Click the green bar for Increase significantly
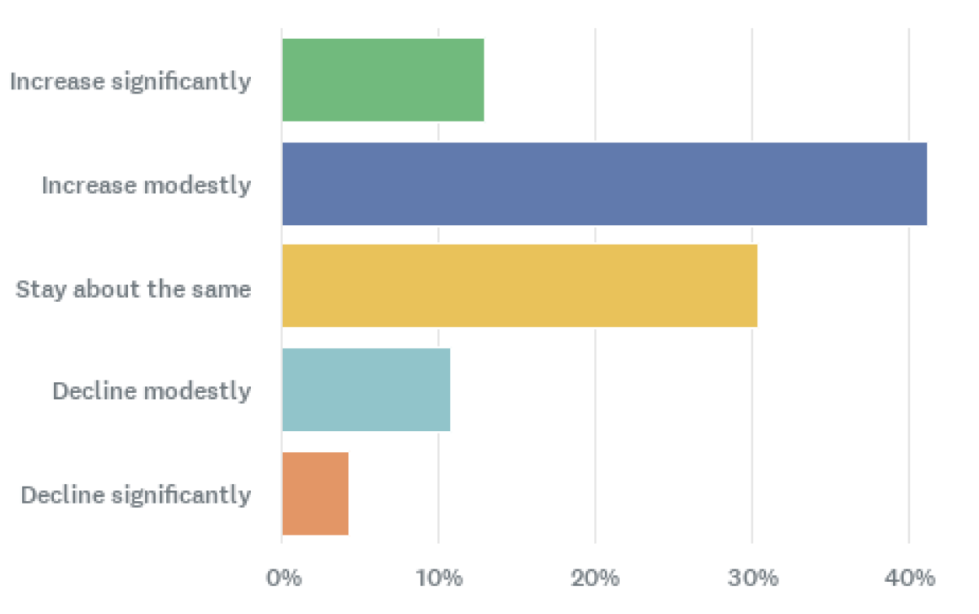383,80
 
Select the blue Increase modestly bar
604,184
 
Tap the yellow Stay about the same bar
519,287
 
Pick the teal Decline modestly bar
366,390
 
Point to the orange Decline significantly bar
315,493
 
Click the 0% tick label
283,579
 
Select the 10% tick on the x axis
439,579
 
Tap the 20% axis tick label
596,579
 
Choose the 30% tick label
752,579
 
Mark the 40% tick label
909,579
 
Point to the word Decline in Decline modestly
94,391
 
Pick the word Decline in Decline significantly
62,495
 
